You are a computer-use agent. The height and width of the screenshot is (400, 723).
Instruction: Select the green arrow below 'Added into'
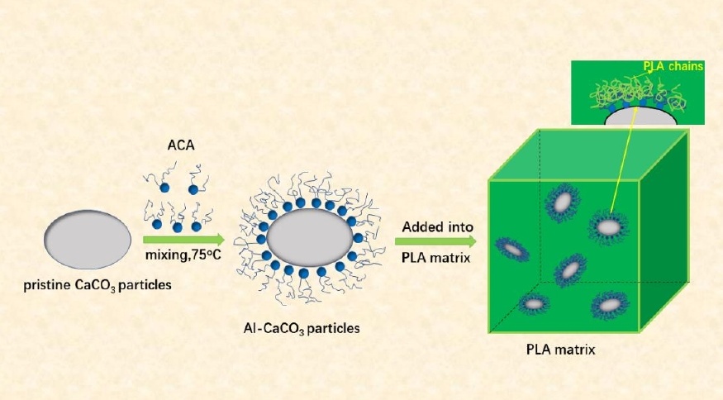point(435,241)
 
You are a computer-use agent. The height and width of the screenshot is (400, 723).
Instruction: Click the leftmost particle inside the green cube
point(512,248)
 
